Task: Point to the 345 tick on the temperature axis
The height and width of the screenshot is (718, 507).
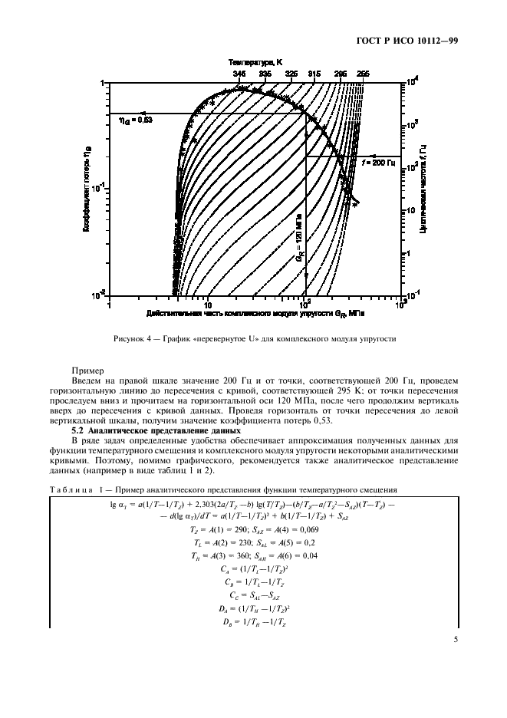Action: pyautogui.click(x=239, y=74)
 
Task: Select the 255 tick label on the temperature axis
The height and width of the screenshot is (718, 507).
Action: pyautogui.click(x=364, y=74)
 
